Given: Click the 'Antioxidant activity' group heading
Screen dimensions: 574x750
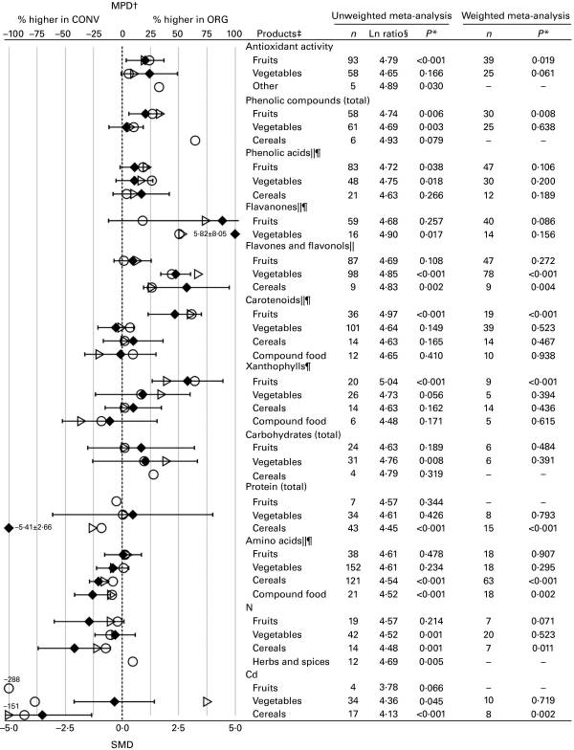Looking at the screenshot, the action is tap(289, 46).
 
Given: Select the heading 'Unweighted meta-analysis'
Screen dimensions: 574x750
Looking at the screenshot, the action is tap(391, 15).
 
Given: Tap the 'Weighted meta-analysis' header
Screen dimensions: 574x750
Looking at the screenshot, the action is tap(515, 15).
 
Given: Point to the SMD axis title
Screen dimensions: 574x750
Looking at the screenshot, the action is tap(122, 744).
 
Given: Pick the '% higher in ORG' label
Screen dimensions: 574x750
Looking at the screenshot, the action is tap(190, 19).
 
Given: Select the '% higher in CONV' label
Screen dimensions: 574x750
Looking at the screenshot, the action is tap(58, 19).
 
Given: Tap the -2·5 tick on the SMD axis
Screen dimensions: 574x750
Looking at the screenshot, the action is tap(64, 729).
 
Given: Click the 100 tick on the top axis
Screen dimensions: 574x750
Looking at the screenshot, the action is tap(233, 33).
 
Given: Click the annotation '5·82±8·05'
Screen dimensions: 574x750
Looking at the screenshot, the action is tap(210, 234).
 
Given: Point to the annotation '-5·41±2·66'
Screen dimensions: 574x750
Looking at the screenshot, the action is tap(33, 528).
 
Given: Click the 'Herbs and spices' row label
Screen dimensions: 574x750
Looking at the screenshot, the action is tap(291, 662).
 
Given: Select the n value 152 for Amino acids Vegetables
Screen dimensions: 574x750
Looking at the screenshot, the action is tap(353, 567).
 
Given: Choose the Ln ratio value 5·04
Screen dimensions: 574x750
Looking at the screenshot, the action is tap(388, 382).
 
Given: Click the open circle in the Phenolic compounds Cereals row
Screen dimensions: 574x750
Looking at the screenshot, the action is tap(195, 141).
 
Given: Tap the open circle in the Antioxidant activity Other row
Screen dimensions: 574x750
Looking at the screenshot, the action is tap(159, 87).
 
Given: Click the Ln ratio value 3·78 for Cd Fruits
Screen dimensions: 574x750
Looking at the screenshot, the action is tap(388, 687).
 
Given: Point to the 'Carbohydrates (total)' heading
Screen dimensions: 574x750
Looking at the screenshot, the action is tap(293, 434).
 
